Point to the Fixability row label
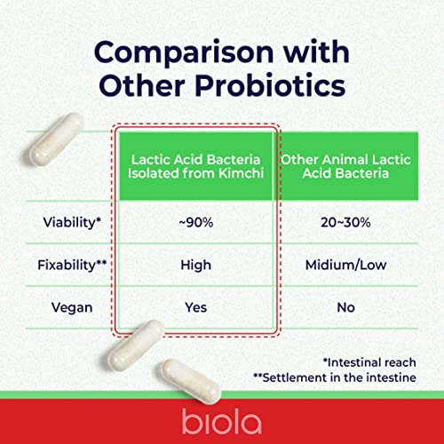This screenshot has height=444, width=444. tap(67, 266)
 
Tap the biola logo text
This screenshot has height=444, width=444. tap(222, 419)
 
